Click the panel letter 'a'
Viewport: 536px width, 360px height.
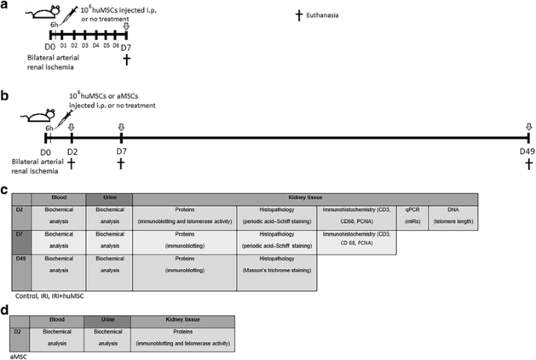click(5, 7)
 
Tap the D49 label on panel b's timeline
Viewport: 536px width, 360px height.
click(528, 150)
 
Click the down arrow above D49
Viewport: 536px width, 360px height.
click(529, 127)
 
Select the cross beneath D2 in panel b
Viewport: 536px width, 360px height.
click(71, 163)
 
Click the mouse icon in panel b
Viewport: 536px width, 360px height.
click(34, 117)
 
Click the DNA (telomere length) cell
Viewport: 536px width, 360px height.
click(452, 217)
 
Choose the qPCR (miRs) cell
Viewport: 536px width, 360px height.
click(411, 217)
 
